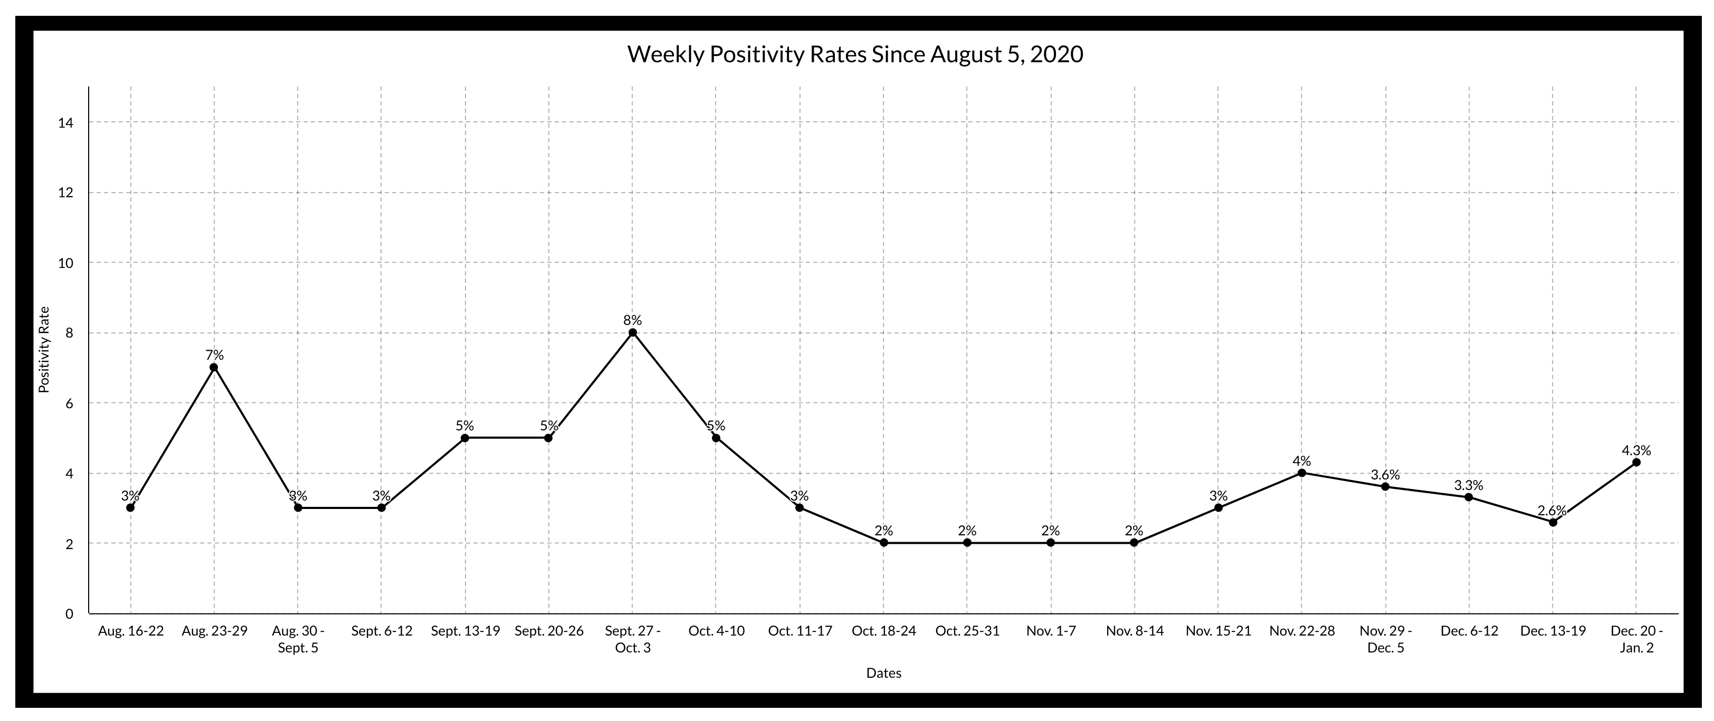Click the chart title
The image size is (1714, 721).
(x=855, y=54)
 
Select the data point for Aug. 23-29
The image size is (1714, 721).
(x=214, y=367)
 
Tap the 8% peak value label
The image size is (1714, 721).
(x=632, y=320)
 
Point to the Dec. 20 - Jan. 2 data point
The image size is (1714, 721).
(x=1636, y=462)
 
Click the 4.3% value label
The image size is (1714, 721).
(x=1636, y=450)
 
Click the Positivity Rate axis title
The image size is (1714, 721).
(x=44, y=349)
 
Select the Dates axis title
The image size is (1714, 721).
(x=883, y=673)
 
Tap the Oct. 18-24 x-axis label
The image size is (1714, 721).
(x=883, y=630)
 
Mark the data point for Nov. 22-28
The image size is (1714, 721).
(x=1301, y=473)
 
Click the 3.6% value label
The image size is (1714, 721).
(x=1385, y=475)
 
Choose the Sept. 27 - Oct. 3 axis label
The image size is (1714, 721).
(x=632, y=639)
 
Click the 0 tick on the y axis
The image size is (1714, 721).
(x=69, y=613)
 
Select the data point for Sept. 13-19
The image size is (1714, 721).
(x=465, y=438)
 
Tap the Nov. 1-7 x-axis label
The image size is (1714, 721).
(x=1051, y=630)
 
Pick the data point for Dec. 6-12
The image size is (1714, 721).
(x=1469, y=497)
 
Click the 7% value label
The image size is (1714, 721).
(x=214, y=355)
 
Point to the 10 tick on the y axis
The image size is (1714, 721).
(x=65, y=263)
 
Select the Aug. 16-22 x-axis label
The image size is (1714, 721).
(x=130, y=630)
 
